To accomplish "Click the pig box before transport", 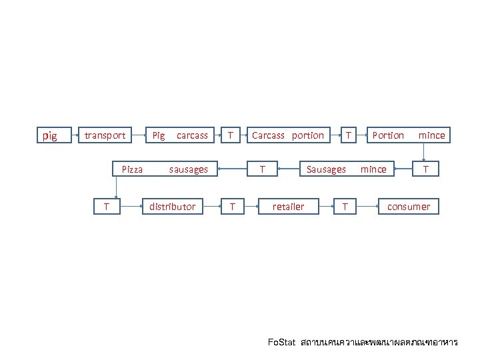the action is tap(49, 136).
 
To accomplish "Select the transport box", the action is tap(105, 135).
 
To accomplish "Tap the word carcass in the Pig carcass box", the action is tap(192, 135).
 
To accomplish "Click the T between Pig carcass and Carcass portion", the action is tap(230, 135).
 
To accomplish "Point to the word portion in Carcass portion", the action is tap(308, 135).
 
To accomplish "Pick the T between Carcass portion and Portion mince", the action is tap(348, 135).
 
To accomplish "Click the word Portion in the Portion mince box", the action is tap(388, 135).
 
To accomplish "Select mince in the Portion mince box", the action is tap(431, 135).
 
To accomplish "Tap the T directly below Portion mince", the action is tap(426, 169).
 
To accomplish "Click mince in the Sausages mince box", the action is tap(373, 169).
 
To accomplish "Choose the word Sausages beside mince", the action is tap(326, 169).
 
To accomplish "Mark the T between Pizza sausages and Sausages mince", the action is tap(263, 169).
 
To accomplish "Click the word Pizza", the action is tap(132, 169).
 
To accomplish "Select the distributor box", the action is tap(172, 207).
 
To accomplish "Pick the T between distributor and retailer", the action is tap(231, 207).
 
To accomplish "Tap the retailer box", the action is tap(288, 207).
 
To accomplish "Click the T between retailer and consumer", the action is tap(344, 207).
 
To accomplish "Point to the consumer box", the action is tap(409, 207).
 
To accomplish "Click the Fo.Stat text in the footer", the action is tap(281, 343).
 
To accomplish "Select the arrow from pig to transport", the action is tap(69, 136).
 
